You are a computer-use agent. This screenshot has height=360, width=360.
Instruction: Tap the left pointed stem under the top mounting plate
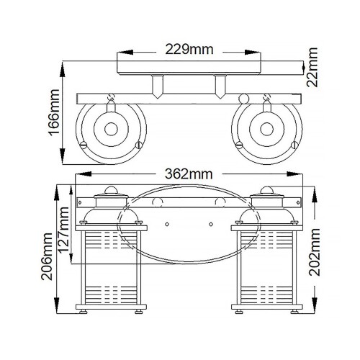tap(156, 88)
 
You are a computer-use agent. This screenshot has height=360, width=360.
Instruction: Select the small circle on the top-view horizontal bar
tap(242, 99)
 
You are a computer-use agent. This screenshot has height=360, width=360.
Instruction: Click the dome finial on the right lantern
tap(268, 190)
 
